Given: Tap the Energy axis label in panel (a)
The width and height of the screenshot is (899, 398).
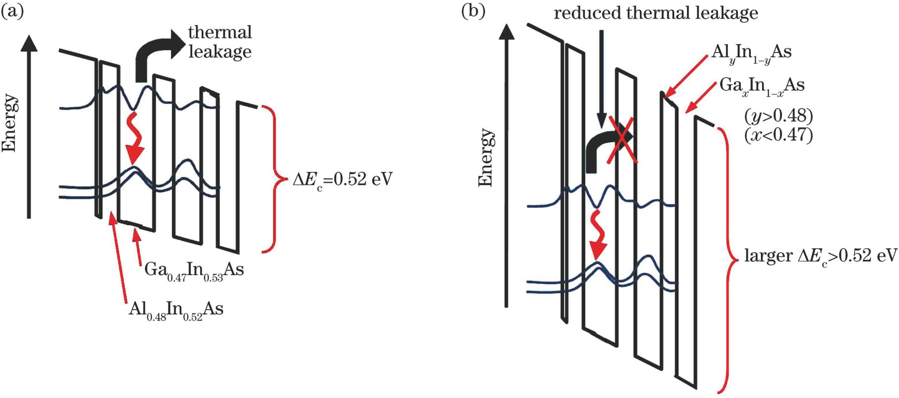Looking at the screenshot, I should pos(9,123).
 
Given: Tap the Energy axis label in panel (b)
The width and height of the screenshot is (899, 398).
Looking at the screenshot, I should pos(486,157).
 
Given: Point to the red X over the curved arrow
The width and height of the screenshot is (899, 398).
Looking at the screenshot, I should pos(622,140).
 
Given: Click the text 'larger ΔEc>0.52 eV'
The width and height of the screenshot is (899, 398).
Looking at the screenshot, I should pos(820,256).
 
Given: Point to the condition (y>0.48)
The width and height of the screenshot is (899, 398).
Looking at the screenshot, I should pos(778,116).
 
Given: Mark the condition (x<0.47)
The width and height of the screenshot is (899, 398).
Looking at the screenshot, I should pos(778,135).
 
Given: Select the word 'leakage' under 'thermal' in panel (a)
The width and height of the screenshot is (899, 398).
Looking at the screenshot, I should pos(220,52).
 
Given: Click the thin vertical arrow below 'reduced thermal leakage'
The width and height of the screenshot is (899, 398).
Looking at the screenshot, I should pos(602,77).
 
